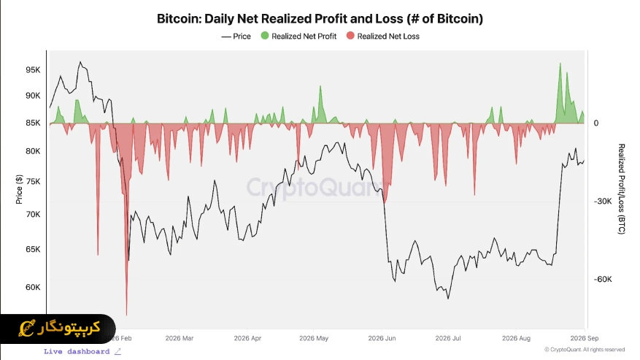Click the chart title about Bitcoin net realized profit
[320, 19]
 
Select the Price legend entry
[236, 37]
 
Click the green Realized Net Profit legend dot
[265, 36]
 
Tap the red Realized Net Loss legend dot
[350, 36]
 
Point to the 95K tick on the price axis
[33, 70]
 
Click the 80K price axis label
[33, 151]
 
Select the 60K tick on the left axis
[33, 287]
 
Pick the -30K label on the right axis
[603, 202]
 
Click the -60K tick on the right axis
[603, 280]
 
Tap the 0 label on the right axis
[596, 123]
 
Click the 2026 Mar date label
[180, 338]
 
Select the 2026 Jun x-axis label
[382, 338]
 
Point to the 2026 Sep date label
[584, 338]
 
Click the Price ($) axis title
[19, 189]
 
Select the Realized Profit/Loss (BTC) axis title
[621, 189]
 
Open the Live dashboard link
[82, 351]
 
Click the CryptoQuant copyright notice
[585, 350]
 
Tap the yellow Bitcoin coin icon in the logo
[27, 328]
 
